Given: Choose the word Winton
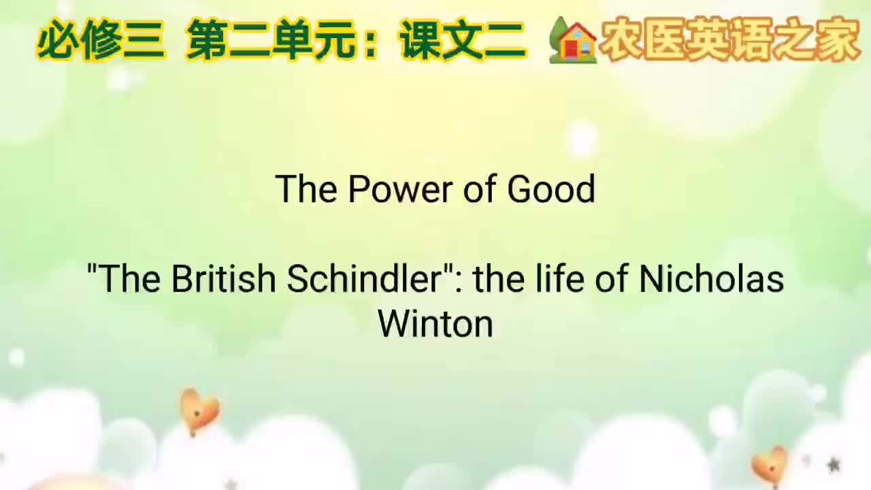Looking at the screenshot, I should click(435, 323).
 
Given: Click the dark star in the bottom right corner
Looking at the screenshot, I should click(834, 465).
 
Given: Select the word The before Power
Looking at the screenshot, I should click(307, 189).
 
